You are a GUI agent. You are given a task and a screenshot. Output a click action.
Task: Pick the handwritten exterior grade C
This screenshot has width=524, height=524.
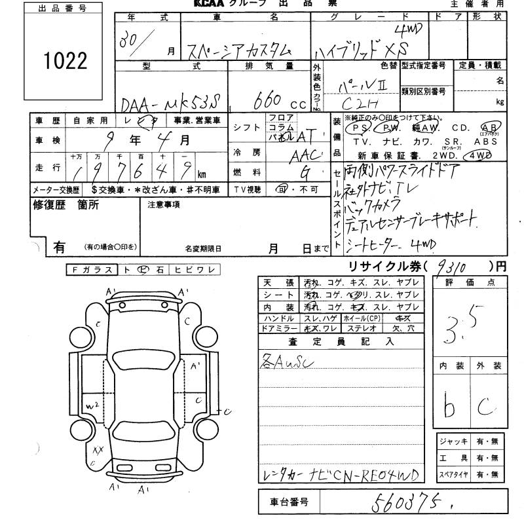coord(485,407)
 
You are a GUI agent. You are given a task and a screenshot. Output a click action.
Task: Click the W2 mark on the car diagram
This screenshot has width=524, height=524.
coord(92,406)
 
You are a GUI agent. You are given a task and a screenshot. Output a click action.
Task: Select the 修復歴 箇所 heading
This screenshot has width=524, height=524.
coord(65,205)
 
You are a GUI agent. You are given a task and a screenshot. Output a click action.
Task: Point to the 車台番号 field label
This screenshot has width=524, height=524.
coord(289,502)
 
